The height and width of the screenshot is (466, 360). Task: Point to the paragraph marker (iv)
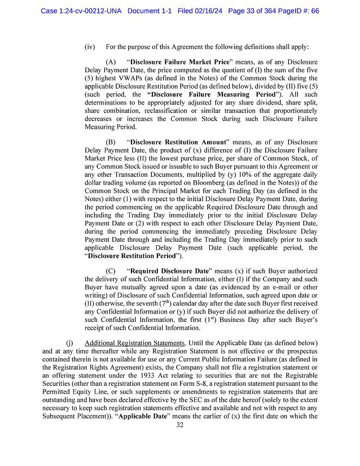pyautogui.click(x=89, y=46)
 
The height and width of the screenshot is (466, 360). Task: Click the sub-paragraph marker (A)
pyautogui.click(x=111, y=61)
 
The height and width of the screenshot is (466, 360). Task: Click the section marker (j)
pyautogui.click(x=70, y=343)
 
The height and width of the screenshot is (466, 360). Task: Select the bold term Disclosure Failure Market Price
pyautogui.click(x=178, y=61)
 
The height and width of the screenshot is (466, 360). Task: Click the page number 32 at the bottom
pyautogui.click(x=180, y=425)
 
